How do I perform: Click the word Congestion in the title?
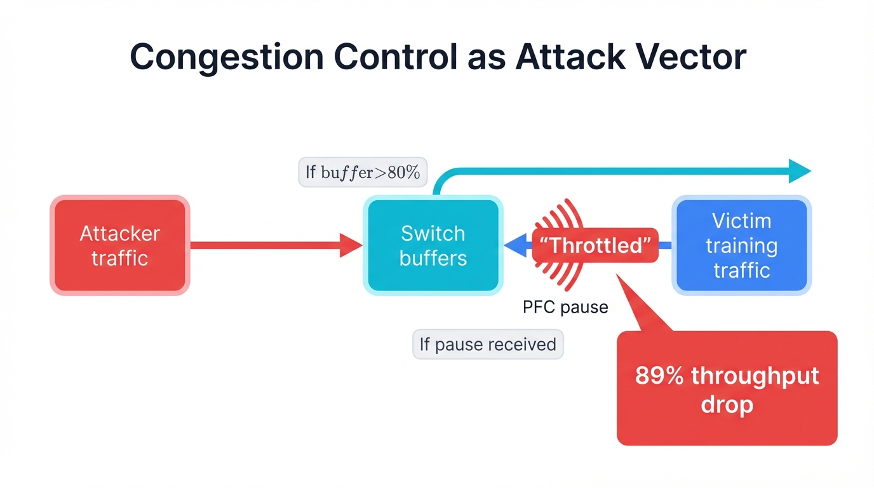coord(224,57)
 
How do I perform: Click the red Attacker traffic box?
coord(119,245)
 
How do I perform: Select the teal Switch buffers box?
coord(433,245)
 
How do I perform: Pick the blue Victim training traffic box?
coord(741,245)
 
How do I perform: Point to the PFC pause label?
coord(565,308)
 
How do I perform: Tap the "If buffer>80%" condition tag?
coord(362,172)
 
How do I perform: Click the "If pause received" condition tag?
coord(488,344)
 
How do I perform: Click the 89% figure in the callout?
coord(659,376)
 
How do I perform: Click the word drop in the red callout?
coord(727,404)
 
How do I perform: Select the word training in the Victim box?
coord(741,246)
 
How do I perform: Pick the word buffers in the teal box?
coord(433,258)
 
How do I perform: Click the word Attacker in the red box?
coord(119,234)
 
